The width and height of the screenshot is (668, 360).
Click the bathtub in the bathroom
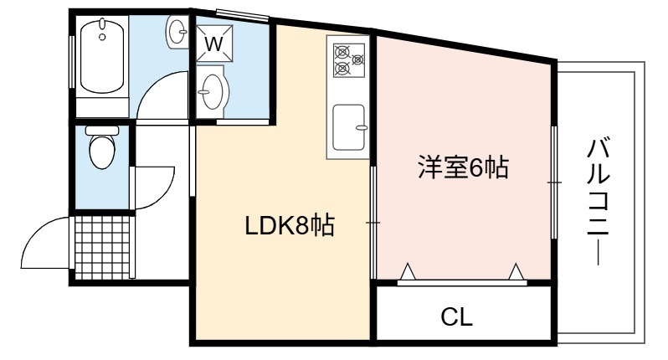(102, 55)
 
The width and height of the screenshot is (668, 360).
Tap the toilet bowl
(102, 152)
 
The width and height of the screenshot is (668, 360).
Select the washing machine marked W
(214, 43)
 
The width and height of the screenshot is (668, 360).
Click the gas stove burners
(349, 60)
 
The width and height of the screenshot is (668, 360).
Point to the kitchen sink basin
(348, 127)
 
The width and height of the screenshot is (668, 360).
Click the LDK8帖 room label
(290, 226)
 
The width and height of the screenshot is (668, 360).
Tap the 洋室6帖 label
(463, 167)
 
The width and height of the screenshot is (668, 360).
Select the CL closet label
(457, 316)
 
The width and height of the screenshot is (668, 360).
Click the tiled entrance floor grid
(102, 247)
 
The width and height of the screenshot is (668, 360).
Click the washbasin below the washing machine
(212, 91)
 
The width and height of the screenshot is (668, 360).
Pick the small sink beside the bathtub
(177, 31)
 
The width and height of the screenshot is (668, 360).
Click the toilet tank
(102, 130)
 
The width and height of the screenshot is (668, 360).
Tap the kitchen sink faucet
(362, 127)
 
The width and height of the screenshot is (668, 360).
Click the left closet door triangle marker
(409, 272)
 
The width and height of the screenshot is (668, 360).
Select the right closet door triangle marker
(516, 272)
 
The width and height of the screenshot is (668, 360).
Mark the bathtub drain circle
(102, 37)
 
